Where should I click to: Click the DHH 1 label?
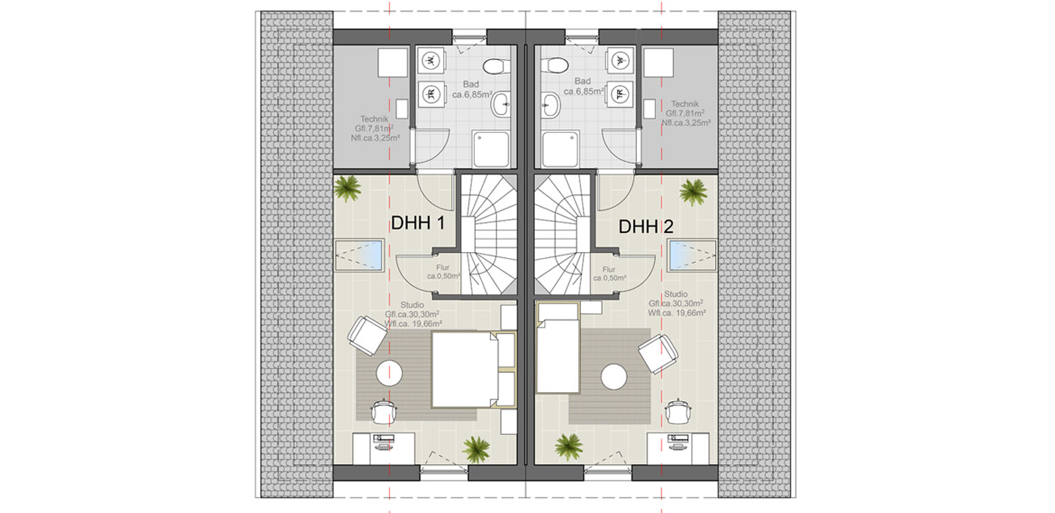(418, 223)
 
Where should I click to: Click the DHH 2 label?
(645, 226)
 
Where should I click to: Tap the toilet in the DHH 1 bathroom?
(495, 67)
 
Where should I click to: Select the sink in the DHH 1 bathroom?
(500, 104)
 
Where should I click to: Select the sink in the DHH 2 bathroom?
(551, 105)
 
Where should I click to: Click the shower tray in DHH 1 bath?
(491, 150)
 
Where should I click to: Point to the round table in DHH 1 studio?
(390, 373)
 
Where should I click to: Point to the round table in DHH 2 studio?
(614, 377)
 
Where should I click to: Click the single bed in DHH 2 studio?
(558, 348)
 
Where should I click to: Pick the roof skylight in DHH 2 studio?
(692, 256)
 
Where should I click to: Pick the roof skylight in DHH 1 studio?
(360, 255)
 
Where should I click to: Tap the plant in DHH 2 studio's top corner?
(693, 192)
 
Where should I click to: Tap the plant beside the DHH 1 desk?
(477, 449)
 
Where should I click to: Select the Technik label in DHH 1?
(374, 119)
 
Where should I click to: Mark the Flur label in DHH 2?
(609, 270)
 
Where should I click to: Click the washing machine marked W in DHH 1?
(431, 60)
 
